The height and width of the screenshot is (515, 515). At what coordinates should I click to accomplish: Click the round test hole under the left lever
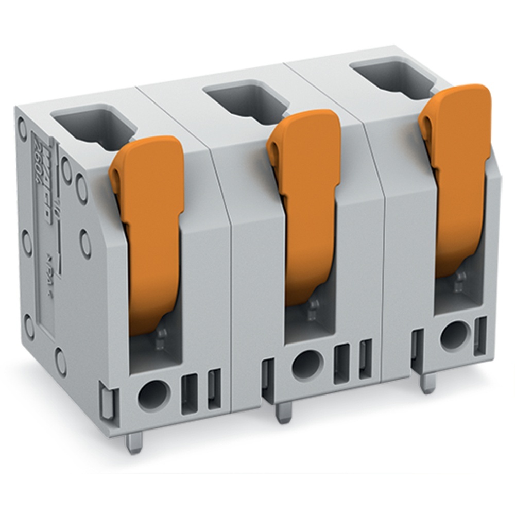[x=153, y=396]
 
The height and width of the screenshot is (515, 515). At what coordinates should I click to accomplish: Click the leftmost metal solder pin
[x=134, y=443]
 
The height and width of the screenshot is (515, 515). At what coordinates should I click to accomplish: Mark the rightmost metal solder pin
[x=426, y=383]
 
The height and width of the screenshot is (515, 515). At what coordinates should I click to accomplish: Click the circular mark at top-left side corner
[x=22, y=125]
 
